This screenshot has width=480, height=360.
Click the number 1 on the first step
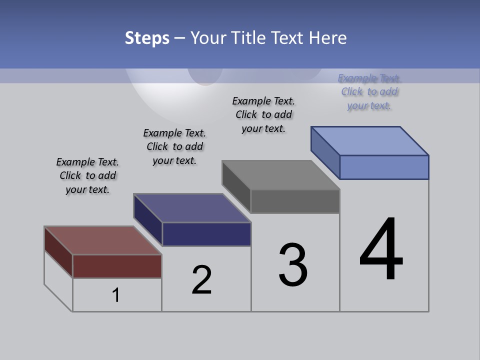(116, 295)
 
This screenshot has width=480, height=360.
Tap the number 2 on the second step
(201, 279)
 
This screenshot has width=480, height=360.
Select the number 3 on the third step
(293, 265)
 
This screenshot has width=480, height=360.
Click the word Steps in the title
(147, 38)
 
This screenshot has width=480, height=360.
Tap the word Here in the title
(327, 38)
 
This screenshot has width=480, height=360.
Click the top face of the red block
(103, 240)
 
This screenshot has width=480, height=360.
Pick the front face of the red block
(117, 266)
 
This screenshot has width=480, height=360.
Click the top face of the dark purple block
(192, 207)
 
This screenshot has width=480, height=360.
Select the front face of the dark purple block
(206, 234)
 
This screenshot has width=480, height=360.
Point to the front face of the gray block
(295, 201)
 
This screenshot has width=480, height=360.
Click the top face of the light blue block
(370, 140)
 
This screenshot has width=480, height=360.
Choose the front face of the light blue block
(384, 167)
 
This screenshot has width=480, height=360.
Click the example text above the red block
(87, 175)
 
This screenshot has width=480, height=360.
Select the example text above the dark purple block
(174, 146)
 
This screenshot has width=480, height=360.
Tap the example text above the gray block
(263, 114)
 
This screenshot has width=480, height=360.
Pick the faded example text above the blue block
(369, 91)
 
